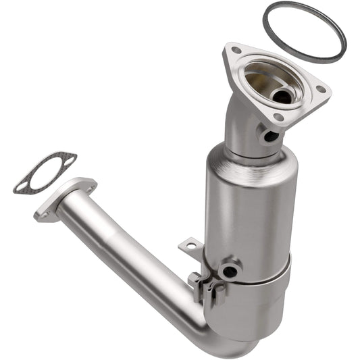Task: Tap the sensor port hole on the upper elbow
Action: coord(270,136)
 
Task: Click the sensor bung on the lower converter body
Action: coord(230,271)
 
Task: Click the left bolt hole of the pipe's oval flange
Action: coord(46,215)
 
